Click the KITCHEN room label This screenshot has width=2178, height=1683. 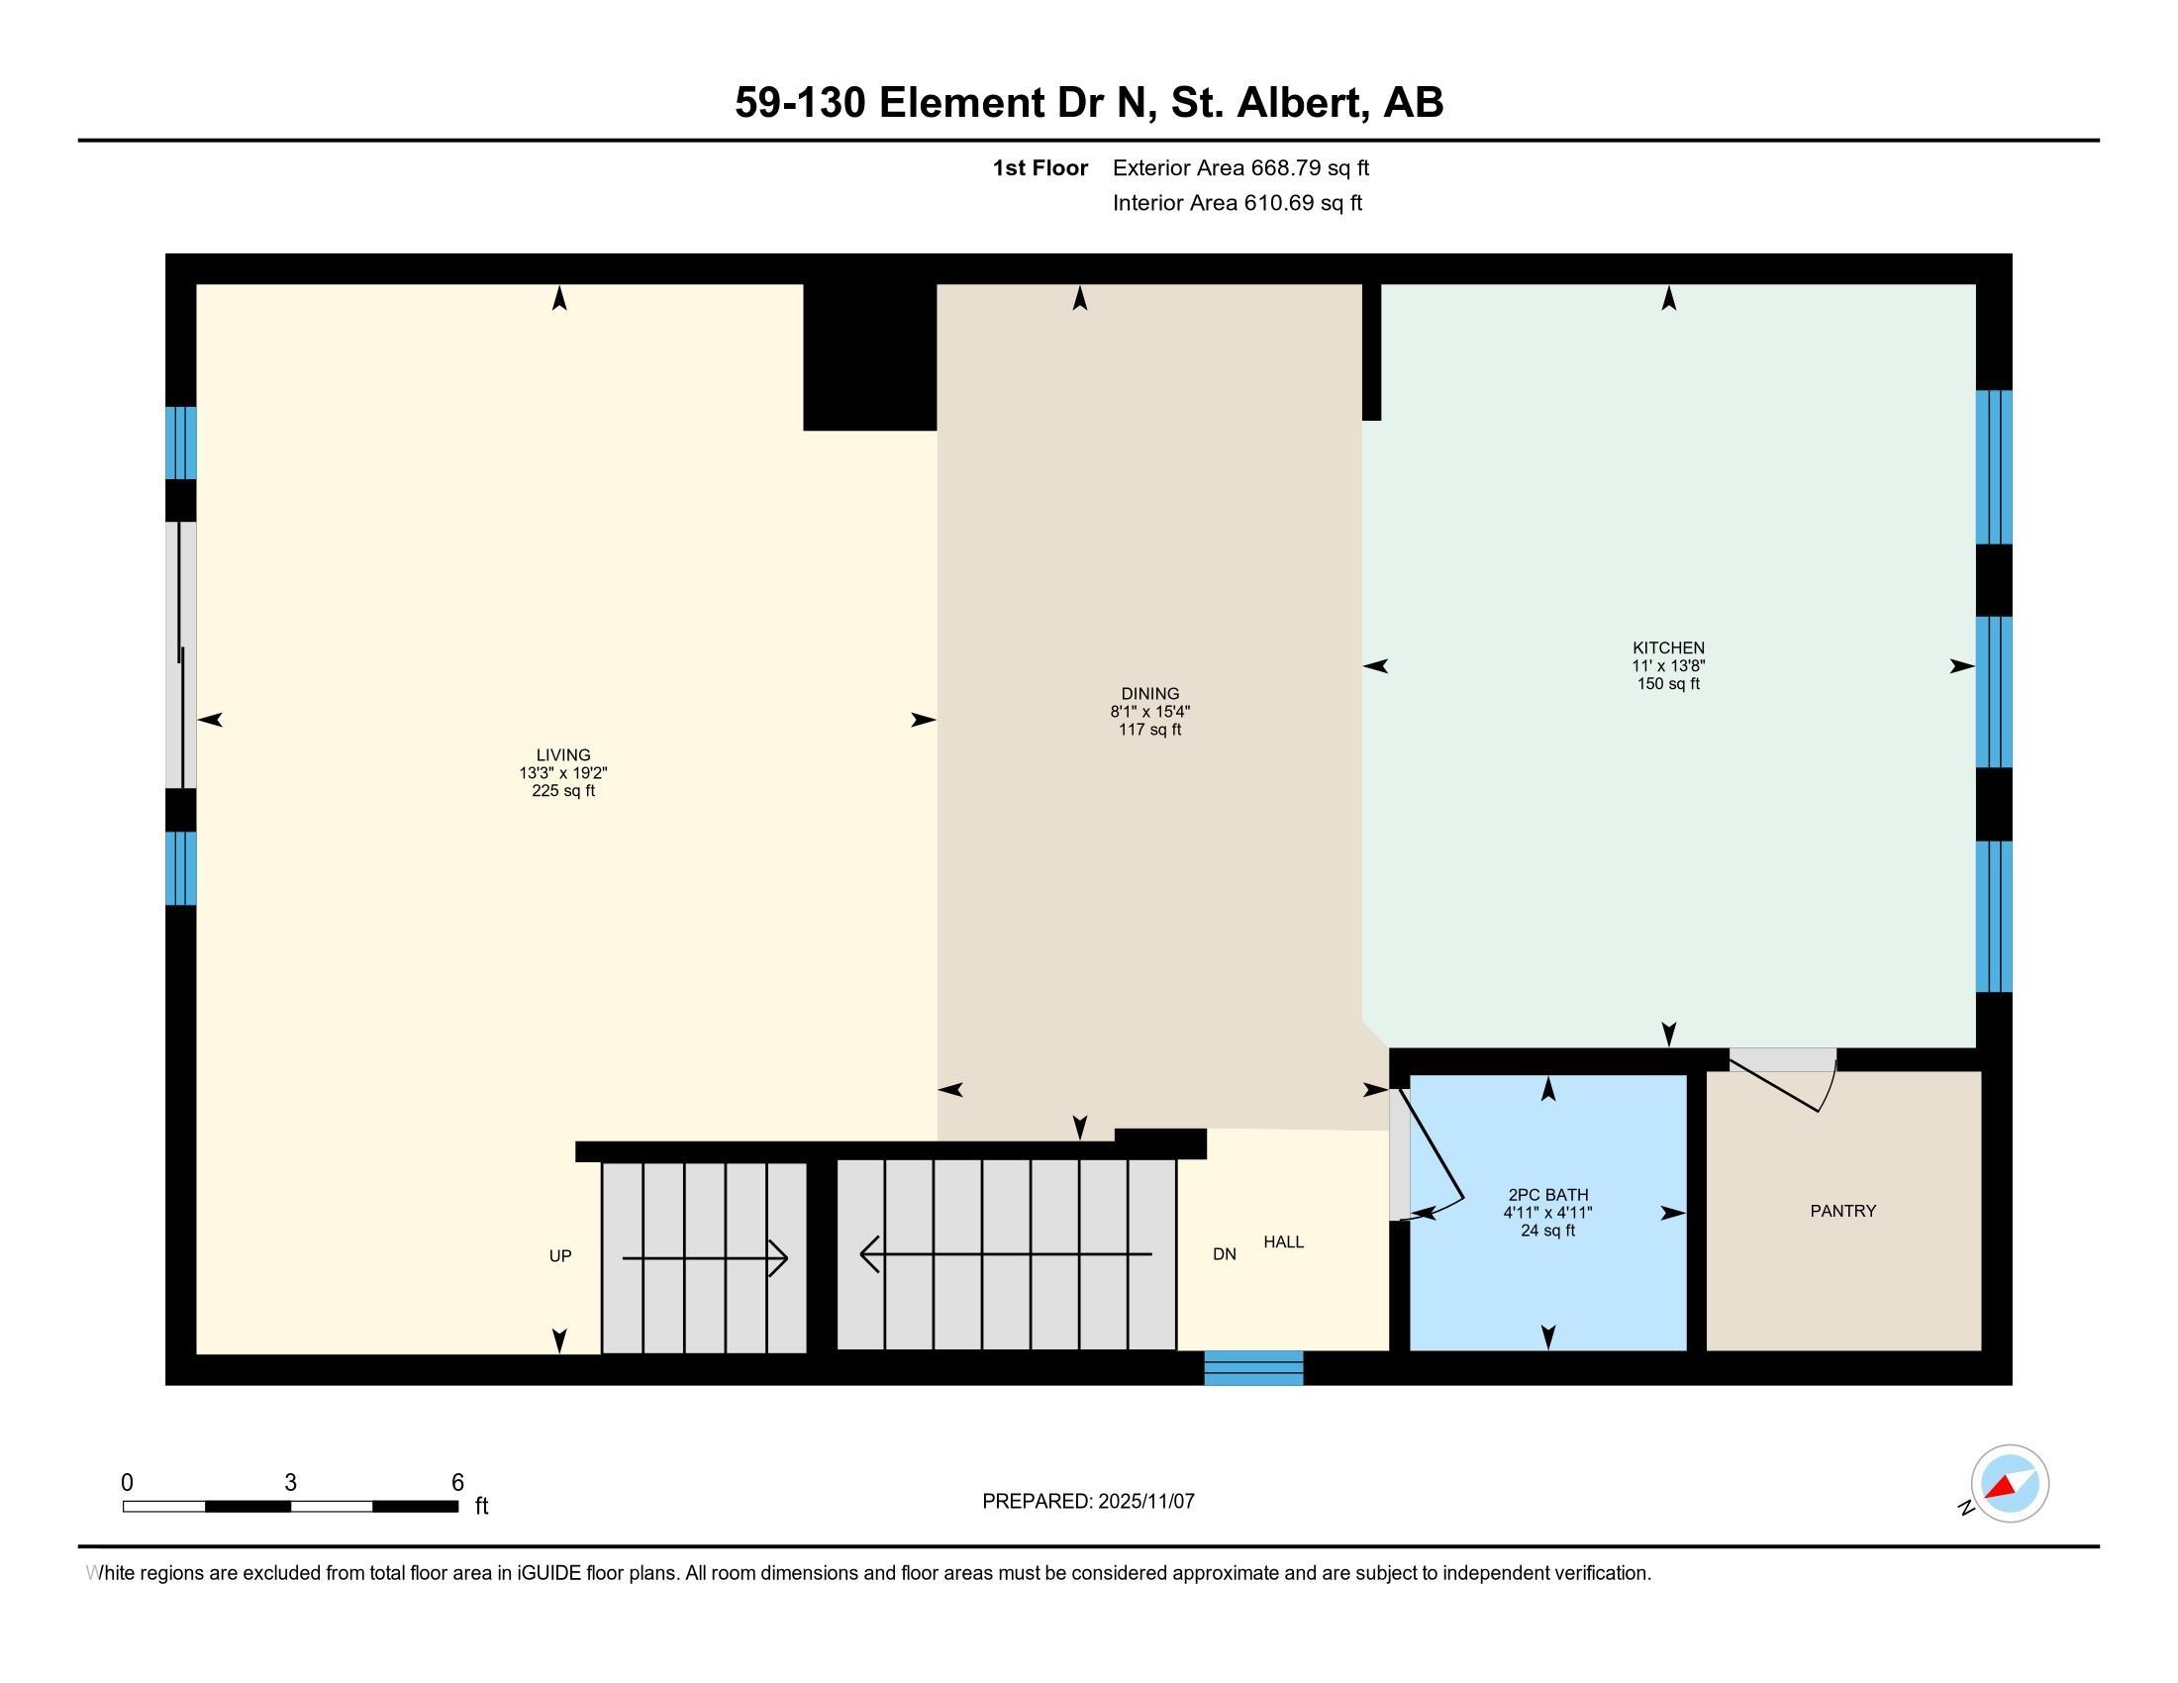click(x=1668, y=647)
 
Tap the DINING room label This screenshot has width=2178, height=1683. click(x=1149, y=693)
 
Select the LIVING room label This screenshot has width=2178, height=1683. click(x=563, y=754)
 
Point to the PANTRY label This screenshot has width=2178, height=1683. click(x=1843, y=1211)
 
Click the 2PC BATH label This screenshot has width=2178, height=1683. click(x=1547, y=1195)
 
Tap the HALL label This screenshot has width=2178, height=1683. click(x=1283, y=1241)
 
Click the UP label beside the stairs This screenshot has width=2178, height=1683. click(x=560, y=1255)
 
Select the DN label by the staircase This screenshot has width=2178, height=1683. click(x=1225, y=1254)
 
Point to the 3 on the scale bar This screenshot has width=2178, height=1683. click(x=290, y=1482)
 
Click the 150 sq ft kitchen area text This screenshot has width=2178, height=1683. click(x=1668, y=684)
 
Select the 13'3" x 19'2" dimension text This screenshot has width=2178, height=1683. click(x=563, y=773)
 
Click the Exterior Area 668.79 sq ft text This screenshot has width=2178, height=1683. click(x=1240, y=167)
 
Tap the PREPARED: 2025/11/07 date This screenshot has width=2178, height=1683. click(x=1088, y=1501)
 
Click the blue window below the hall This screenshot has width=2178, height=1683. click(x=1253, y=1367)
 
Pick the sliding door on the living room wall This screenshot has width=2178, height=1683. click(x=180, y=654)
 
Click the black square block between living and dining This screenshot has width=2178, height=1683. click(x=868, y=357)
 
